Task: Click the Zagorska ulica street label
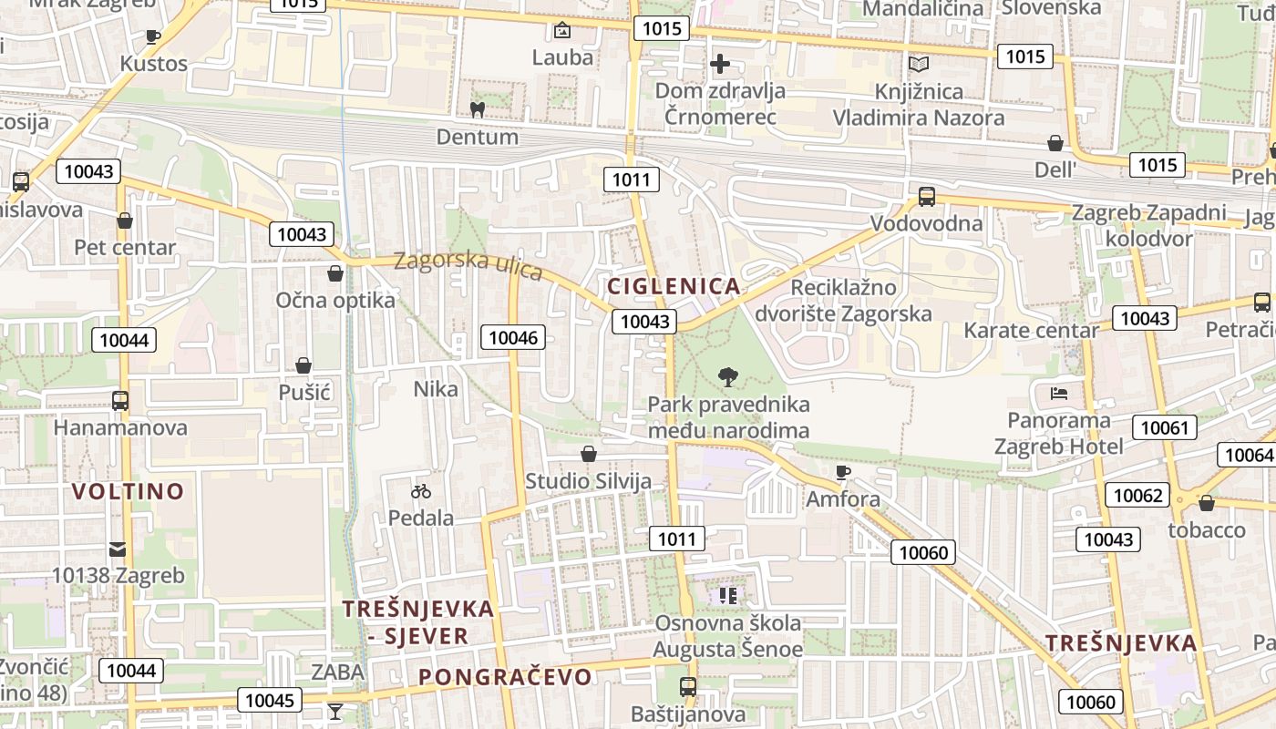coord(468,266)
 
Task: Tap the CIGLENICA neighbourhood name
coord(674,286)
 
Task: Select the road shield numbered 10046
coord(515,337)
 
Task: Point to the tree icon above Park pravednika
coord(727,376)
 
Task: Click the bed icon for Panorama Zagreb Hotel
coord(1059,394)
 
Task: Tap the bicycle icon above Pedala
coord(420,491)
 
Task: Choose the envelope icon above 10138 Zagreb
coord(118,549)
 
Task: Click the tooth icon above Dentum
coord(476,110)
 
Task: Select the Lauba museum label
coord(562,57)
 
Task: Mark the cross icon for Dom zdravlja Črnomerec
coord(720,64)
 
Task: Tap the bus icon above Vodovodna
coord(926,196)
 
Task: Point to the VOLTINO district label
coord(128,492)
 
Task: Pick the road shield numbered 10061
coord(1164,426)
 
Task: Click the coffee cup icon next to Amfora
coord(842,471)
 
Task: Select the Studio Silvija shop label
coord(588,482)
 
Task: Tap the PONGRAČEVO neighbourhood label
coord(505,677)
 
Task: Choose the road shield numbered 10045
coord(270,700)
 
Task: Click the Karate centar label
coord(1031,330)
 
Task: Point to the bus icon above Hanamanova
coord(119,400)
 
